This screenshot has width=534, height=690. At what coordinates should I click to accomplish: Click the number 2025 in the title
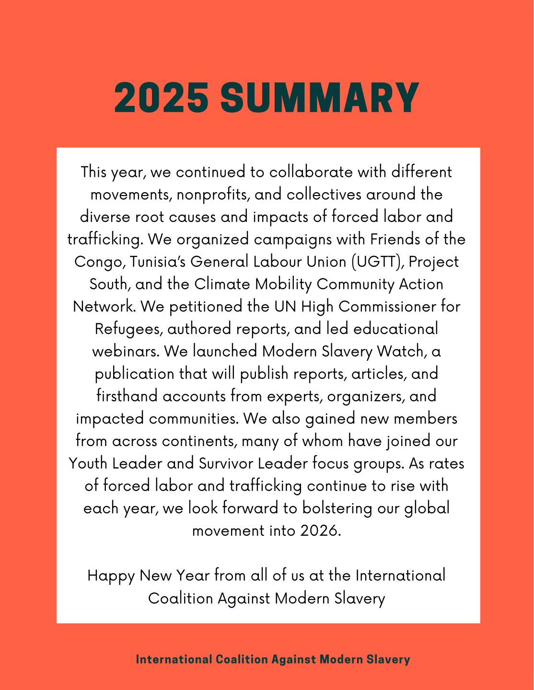click(161, 98)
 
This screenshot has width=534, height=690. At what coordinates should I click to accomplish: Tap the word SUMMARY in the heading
click(320, 98)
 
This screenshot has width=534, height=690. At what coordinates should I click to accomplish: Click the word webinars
click(126, 351)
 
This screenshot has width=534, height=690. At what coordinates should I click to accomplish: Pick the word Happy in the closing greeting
click(111, 575)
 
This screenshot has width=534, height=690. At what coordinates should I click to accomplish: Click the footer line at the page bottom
click(273, 659)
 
